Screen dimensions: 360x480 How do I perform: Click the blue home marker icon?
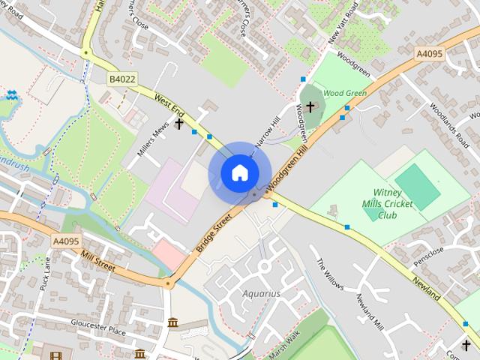click(x=239, y=172)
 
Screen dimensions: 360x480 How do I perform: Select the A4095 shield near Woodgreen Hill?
click(x=430, y=53)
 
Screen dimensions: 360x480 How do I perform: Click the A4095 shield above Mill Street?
click(x=67, y=241)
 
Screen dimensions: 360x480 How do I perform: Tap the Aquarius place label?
click(x=260, y=293)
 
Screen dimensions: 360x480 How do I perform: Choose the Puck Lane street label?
click(x=46, y=273)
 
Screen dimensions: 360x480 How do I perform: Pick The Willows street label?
click(x=329, y=274)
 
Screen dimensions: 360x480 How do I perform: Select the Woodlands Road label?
click(x=448, y=122)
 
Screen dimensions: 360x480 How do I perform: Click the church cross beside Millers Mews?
click(x=179, y=123)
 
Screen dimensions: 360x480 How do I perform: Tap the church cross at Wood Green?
click(x=310, y=106)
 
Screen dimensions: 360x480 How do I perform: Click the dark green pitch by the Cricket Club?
click(x=418, y=187)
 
